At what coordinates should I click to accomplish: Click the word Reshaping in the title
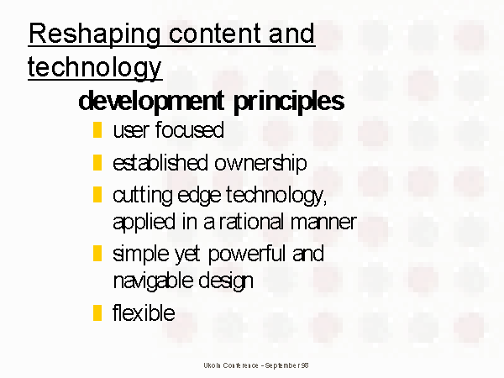tap(94, 34)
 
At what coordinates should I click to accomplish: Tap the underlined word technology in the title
tap(94, 67)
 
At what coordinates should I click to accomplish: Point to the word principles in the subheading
tap(289, 102)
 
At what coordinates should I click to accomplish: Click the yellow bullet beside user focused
tap(97, 130)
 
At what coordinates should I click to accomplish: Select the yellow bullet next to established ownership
tap(97, 163)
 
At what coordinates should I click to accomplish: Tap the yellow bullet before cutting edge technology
tap(97, 195)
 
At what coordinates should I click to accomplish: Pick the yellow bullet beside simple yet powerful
tap(97, 254)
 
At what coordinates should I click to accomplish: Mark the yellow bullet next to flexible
tap(97, 312)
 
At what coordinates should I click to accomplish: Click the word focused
tap(189, 130)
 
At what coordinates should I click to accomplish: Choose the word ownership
tap(260, 164)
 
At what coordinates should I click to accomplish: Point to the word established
tap(160, 163)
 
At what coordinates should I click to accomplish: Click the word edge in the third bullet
tap(199, 196)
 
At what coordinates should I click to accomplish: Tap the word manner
tap(323, 222)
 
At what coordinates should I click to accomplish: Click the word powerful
tap(247, 255)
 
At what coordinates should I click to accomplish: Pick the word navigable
tap(153, 281)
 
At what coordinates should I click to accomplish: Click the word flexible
tap(144, 312)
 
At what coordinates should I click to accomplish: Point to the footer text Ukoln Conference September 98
tap(256, 365)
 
